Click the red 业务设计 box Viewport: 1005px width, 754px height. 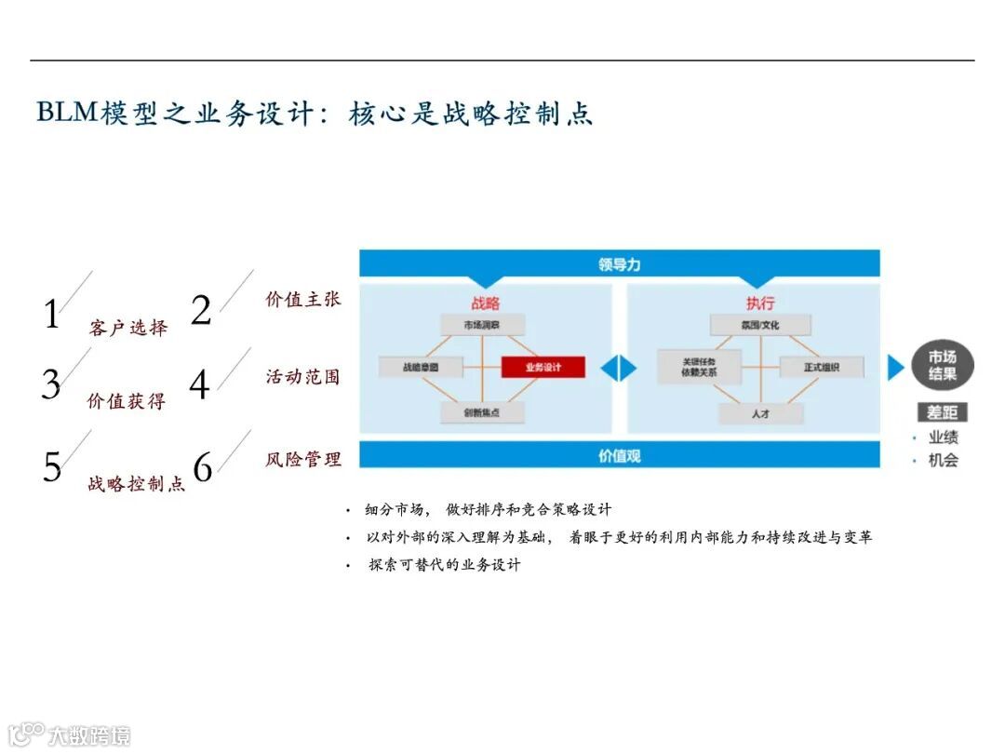coord(543,367)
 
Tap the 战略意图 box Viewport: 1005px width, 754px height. coord(421,367)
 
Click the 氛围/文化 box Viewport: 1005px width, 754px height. coord(759,325)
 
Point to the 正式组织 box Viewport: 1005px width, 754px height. coord(822,367)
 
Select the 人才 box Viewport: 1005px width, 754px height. coord(760,411)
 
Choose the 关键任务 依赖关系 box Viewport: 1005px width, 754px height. coord(699,367)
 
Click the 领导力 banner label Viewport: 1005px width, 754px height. coord(619,264)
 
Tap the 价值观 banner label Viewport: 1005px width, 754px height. coord(619,455)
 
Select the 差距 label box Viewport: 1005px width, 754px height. coord(942,411)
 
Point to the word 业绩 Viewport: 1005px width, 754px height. coord(943,437)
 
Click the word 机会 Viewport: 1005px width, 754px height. coord(943,460)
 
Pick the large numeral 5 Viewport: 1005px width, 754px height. coord(52,466)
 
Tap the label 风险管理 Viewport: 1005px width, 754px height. coord(303,459)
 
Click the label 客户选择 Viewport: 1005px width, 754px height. coord(128,328)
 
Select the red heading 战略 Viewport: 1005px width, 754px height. coord(485,303)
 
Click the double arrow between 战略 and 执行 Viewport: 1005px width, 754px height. coord(618,368)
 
